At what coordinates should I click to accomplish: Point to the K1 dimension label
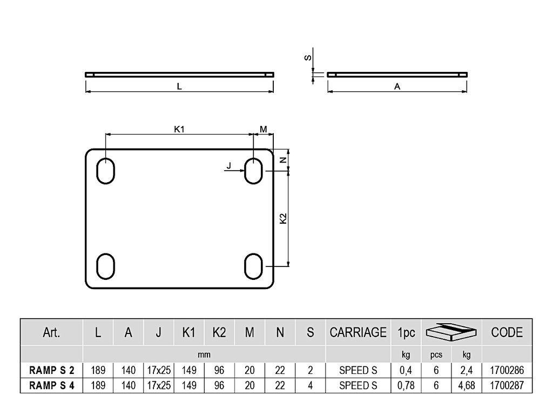click(x=179, y=129)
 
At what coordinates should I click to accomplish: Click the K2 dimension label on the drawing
click(x=283, y=218)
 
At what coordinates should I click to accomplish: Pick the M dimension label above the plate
click(x=264, y=129)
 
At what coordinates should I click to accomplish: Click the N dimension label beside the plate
click(x=283, y=160)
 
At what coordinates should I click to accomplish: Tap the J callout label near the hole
click(x=229, y=165)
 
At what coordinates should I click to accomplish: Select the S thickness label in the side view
click(x=308, y=57)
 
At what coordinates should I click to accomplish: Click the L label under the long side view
click(x=179, y=86)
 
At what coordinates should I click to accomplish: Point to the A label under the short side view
click(x=397, y=86)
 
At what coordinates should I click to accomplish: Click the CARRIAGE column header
click(x=358, y=332)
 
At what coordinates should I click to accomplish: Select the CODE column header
click(x=507, y=332)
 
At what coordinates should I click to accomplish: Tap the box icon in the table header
click(x=451, y=332)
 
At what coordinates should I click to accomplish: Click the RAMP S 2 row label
click(x=52, y=370)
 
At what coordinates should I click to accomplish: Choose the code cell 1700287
click(x=507, y=385)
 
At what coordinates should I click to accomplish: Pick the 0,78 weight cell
click(x=406, y=386)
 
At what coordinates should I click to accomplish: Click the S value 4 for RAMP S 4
click(x=311, y=385)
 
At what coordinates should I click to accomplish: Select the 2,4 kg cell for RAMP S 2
click(x=466, y=371)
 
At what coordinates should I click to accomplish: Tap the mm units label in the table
click(x=204, y=354)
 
